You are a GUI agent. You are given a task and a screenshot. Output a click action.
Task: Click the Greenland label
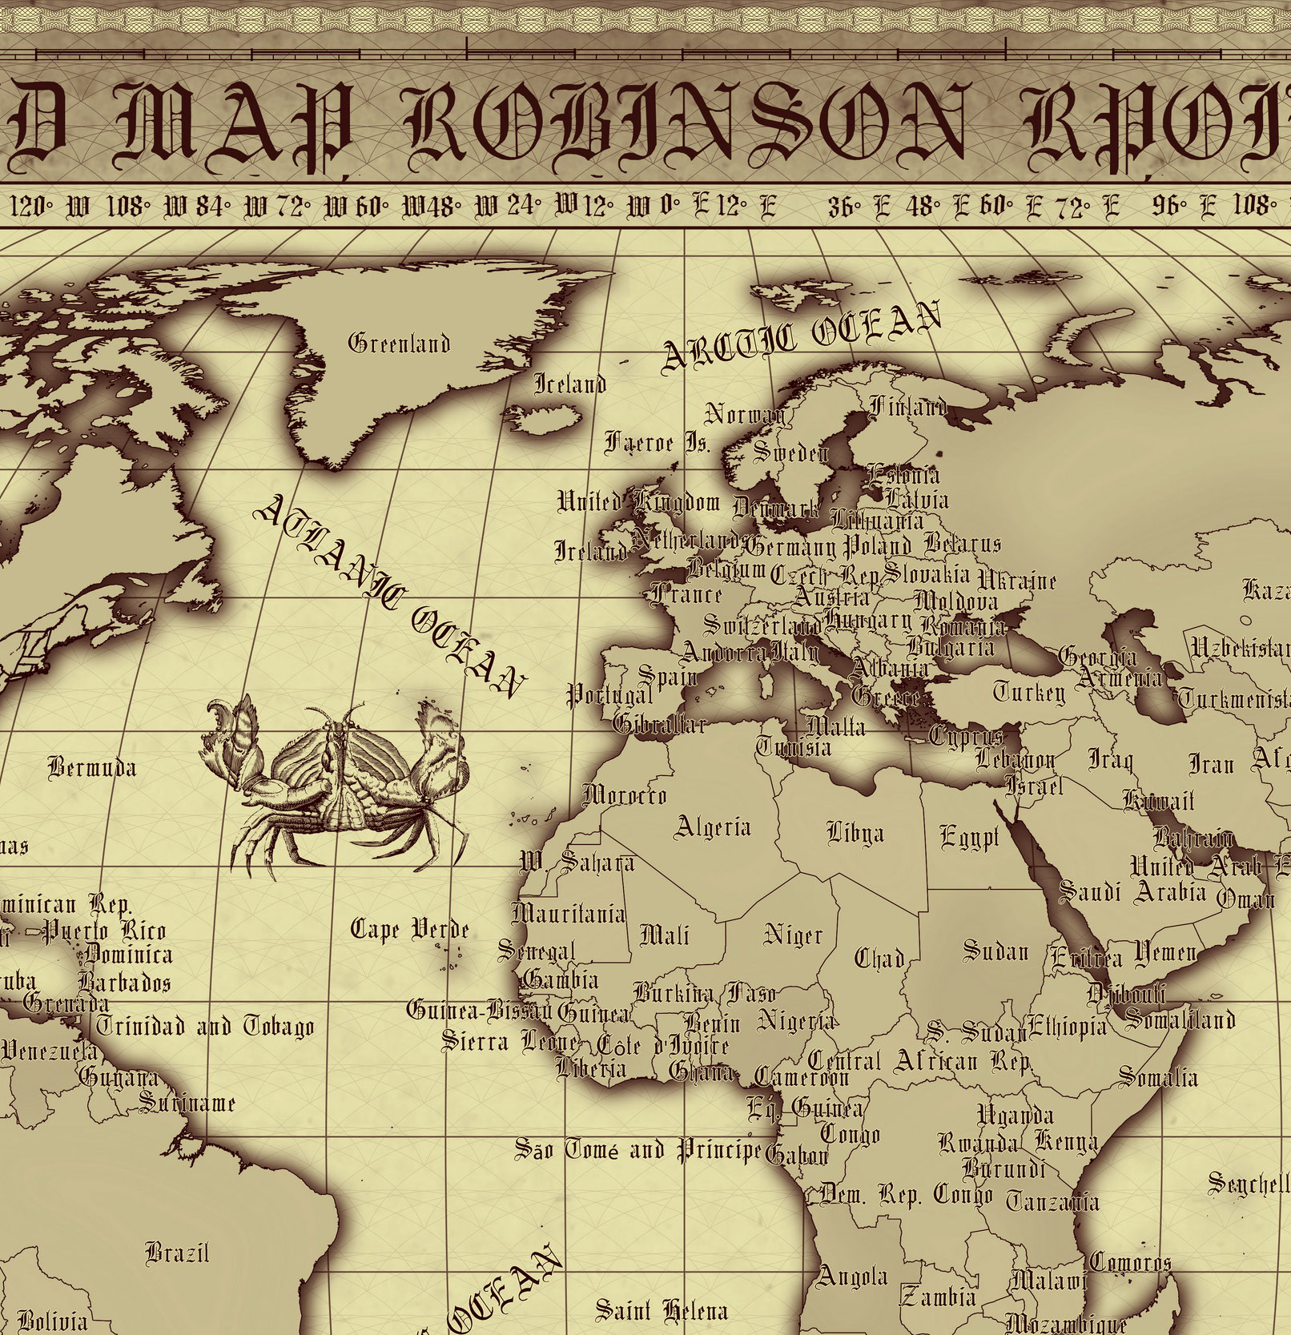point(399,344)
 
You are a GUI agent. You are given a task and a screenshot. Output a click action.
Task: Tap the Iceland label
point(569,384)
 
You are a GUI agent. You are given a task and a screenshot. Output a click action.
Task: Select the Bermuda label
point(92,768)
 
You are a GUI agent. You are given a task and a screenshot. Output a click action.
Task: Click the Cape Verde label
point(410,929)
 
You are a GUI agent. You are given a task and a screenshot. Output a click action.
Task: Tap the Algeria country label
point(713,826)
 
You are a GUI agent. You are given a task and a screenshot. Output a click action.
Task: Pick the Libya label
point(855,834)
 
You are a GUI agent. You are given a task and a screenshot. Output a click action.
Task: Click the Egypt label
point(969,838)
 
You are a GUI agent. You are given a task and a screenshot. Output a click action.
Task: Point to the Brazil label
point(177,1252)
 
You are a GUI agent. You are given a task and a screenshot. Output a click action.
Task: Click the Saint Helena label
point(662,1310)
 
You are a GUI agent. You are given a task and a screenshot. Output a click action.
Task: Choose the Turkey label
point(1029,692)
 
